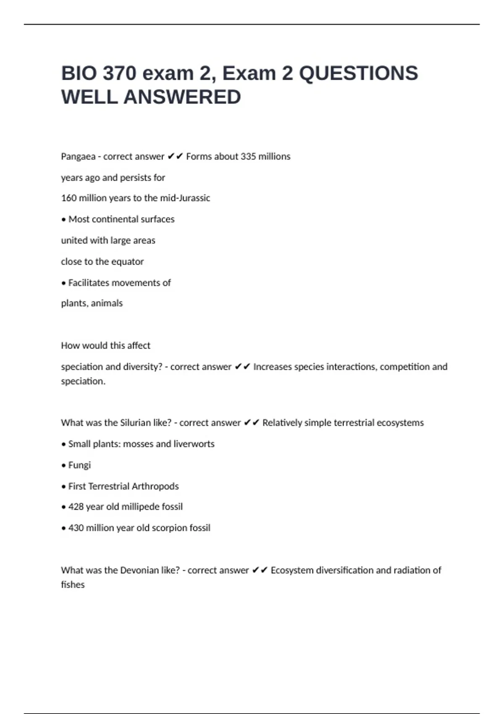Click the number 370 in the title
tap(120, 73)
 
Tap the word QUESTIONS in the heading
tap(358, 73)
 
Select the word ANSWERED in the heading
tap(182, 97)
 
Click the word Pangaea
tap(78, 157)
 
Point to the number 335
tap(248, 157)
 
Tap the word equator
tap(128, 262)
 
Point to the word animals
tap(107, 303)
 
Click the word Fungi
tap(79, 465)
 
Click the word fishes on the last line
tap(73, 585)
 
